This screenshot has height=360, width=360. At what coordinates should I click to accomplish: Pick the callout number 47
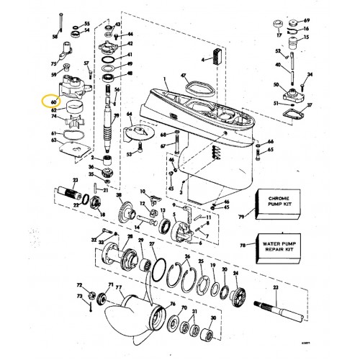pos(184,76)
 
